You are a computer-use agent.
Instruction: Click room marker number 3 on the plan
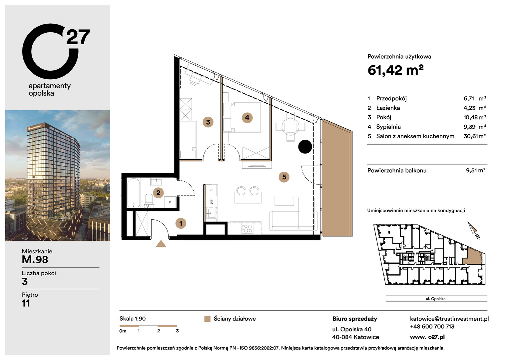[208, 122]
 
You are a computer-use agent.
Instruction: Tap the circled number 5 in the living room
[284, 177]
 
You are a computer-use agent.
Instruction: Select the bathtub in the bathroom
[134, 193]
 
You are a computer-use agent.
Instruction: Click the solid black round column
[305, 147]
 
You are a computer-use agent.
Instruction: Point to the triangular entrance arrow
[161, 244]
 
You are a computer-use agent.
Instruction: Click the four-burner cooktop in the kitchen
[248, 228]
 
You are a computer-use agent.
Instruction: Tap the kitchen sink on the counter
[211, 213]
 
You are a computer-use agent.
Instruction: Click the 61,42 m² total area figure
[395, 70]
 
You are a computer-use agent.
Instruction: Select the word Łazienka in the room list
[388, 108]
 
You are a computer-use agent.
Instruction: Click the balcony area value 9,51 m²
[476, 170]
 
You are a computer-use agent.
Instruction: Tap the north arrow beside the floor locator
[473, 230]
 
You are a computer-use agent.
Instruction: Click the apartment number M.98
[35, 260]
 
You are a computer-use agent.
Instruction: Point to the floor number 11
[26, 303]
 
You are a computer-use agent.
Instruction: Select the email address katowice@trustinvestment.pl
[449, 319]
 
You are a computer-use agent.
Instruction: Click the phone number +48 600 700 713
[432, 327]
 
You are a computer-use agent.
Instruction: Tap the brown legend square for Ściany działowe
[207, 319]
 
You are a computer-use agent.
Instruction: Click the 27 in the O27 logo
[78, 37]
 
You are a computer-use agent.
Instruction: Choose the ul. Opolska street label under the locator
[435, 299]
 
